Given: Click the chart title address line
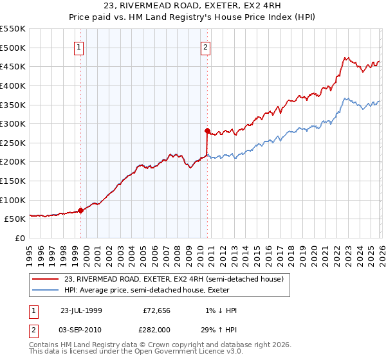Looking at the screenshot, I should pyautogui.click(x=192, y=6).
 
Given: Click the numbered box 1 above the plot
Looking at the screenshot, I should pyautogui.click(x=78, y=47).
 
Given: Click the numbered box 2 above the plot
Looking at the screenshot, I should pyautogui.click(x=205, y=47).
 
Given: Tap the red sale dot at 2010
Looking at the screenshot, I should pyautogui.click(x=207, y=130).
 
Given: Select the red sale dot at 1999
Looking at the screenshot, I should pyautogui.click(x=81, y=210).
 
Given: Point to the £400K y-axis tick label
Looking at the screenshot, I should pyautogui.click(x=13, y=85).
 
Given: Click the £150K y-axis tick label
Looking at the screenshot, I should pyautogui.click(x=13, y=181).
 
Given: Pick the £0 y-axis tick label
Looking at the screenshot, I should pyautogui.click(x=19, y=238).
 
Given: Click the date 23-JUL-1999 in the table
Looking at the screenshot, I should pyautogui.click(x=81, y=310).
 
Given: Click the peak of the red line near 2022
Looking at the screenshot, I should pyautogui.click(x=345, y=58).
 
